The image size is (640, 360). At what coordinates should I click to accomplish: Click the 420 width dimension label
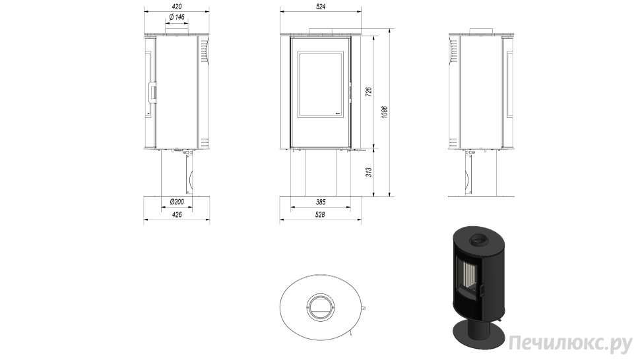(x=177, y=7)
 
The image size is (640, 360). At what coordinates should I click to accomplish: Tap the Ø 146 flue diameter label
(x=177, y=17)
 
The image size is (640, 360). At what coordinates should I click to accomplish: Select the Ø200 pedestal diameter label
(x=177, y=202)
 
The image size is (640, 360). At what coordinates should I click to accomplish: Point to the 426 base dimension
(x=177, y=214)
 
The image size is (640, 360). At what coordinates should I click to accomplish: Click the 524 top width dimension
(x=321, y=7)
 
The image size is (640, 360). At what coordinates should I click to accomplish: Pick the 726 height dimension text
(x=368, y=92)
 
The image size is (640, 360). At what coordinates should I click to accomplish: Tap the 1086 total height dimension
(x=384, y=112)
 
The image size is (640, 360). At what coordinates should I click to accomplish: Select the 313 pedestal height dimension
(x=368, y=172)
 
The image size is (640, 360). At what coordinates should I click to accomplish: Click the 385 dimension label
(x=321, y=202)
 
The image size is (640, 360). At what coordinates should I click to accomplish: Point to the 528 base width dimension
(x=321, y=214)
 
